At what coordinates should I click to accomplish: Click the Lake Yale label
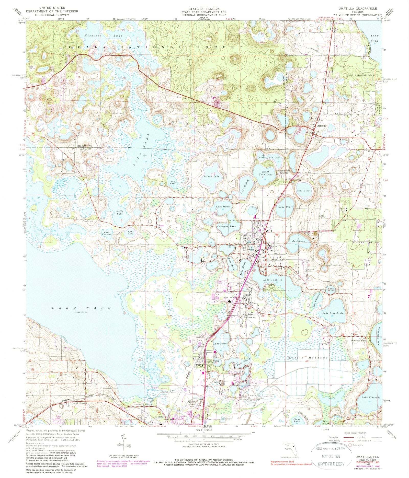tap(82, 308)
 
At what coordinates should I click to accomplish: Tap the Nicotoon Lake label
tap(104, 36)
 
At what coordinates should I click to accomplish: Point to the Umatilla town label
tap(272, 251)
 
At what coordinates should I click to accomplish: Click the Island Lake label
tap(211, 176)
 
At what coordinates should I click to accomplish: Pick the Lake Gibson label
tap(304, 191)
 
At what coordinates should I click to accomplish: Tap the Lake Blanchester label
tap(333, 313)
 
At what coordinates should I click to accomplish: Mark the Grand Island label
tap(78, 411)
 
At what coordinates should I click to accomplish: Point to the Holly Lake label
tap(120, 213)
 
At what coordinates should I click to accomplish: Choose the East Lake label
tap(299, 241)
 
